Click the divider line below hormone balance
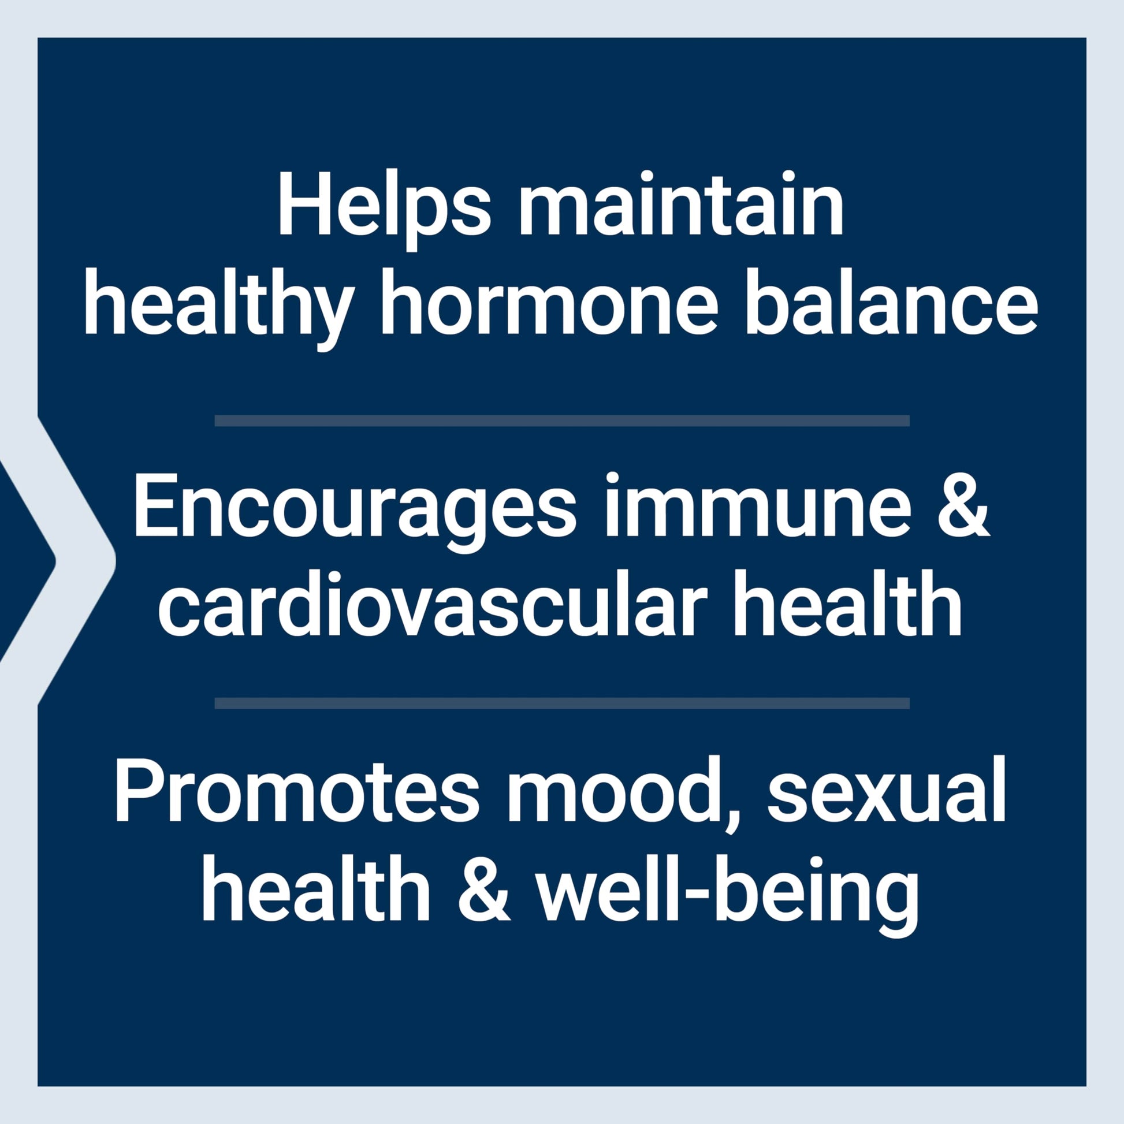click(x=562, y=420)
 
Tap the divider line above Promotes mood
click(x=562, y=704)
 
